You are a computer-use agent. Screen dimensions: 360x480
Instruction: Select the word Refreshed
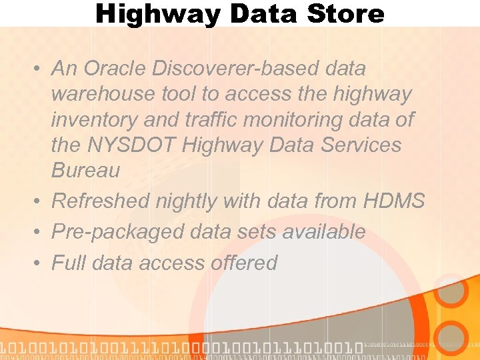coord(101,201)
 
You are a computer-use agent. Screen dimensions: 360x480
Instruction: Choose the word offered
coord(243,263)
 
